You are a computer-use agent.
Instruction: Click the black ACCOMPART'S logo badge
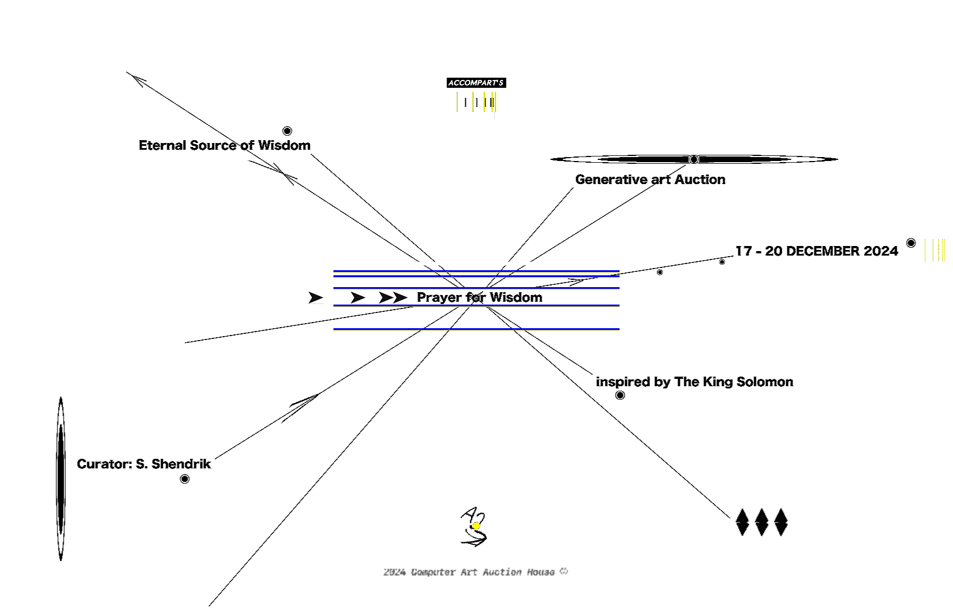click(x=476, y=83)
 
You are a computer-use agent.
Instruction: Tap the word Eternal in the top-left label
click(x=163, y=145)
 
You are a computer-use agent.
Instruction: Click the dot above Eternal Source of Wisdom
click(x=287, y=131)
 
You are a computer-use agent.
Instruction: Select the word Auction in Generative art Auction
click(x=700, y=180)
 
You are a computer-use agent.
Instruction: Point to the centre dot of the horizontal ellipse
click(x=694, y=159)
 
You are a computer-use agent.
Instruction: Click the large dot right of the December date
click(x=911, y=243)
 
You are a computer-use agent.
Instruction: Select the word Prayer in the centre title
click(x=439, y=298)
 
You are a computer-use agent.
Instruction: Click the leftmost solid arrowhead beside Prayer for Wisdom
click(x=315, y=298)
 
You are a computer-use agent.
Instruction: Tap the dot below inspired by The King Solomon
click(x=620, y=395)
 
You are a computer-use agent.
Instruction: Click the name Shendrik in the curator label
click(x=181, y=464)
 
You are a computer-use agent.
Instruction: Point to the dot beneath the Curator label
click(x=184, y=479)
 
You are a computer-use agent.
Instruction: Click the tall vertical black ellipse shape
click(x=61, y=479)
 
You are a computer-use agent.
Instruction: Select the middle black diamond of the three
click(x=761, y=522)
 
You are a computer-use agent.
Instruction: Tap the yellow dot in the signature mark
click(x=476, y=526)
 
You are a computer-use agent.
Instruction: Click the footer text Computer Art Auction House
click(x=483, y=573)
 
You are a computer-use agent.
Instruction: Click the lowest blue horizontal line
click(x=476, y=329)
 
